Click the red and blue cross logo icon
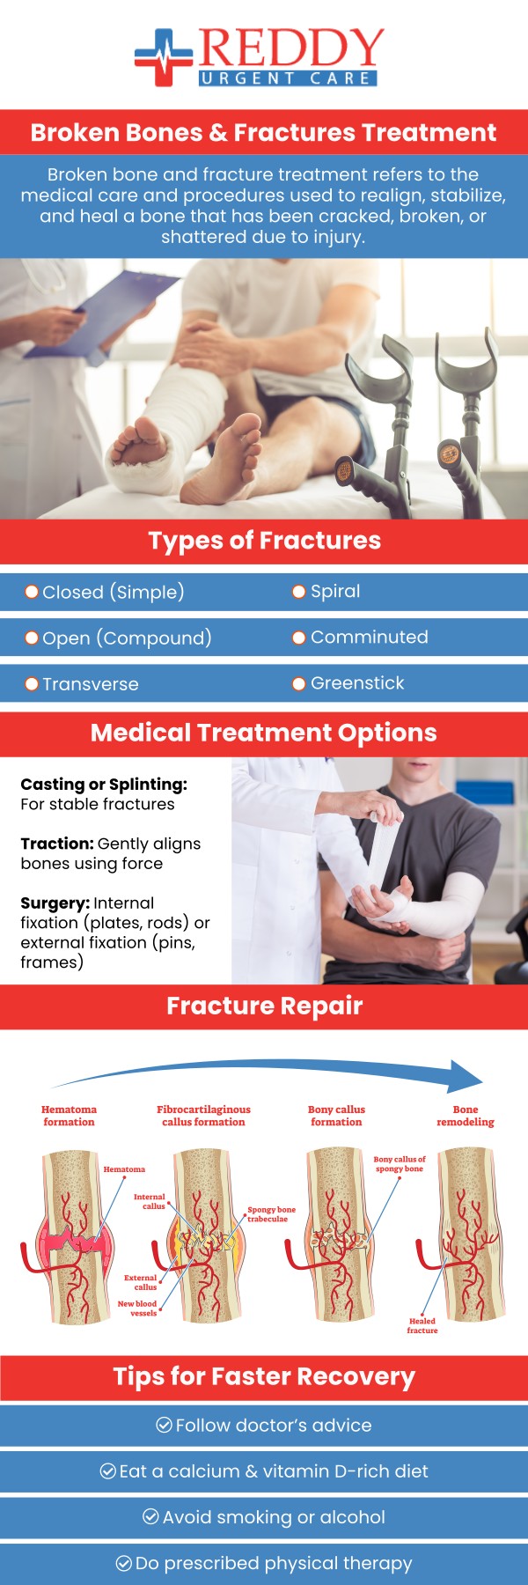point(164,57)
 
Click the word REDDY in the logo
point(291,49)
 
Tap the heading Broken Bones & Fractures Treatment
point(264,133)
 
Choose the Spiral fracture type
point(334,591)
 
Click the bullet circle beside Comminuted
point(298,638)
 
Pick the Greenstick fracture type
point(356,683)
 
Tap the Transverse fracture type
point(90,684)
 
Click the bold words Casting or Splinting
point(104,784)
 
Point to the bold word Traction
point(56,844)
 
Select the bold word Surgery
point(55,903)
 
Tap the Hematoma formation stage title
point(69,1116)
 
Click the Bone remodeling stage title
point(466,1116)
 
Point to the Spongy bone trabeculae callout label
point(271,1214)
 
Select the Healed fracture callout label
point(422,1325)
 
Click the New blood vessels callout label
point(138,1308)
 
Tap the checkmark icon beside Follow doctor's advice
point(164,1425)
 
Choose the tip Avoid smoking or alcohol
point(274,1517)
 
